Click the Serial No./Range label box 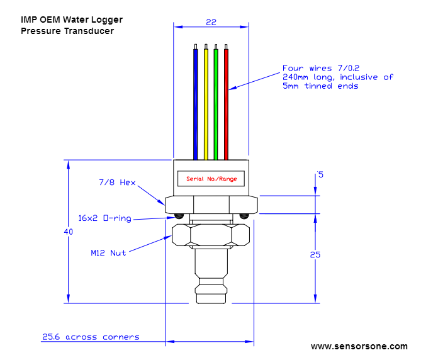point(211,179)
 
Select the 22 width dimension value point(211,22)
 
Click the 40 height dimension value point(69,232)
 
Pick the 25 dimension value point(315,255)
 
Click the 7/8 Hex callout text point(117,183)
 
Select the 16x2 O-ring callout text point(105,218)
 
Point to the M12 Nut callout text point(108,253)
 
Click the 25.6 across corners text point(91,337)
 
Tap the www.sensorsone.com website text point(359,346)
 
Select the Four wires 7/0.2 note point(337,77)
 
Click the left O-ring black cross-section point(179,216)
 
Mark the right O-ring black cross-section point(244,216)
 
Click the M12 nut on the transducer point(211,235)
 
